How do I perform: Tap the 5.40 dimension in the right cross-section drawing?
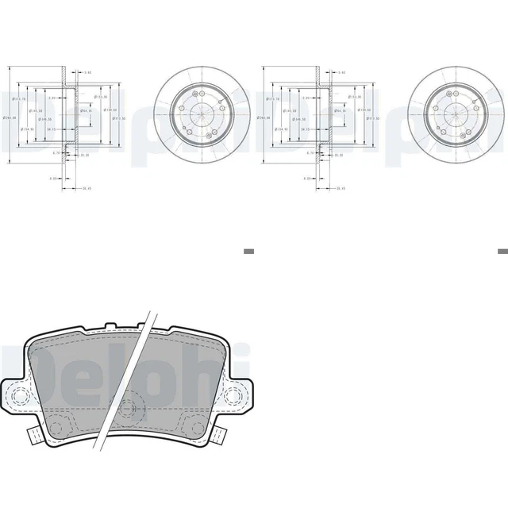(341, 72)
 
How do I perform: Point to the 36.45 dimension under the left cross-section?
(87, 188)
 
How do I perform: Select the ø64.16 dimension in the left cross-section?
(85, 111)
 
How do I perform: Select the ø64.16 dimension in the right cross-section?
(341, 111)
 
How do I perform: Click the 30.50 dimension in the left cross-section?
(83, 156)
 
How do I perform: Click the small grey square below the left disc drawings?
(248, 251)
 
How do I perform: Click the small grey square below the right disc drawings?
(502, 251)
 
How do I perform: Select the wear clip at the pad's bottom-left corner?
(33, 436)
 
